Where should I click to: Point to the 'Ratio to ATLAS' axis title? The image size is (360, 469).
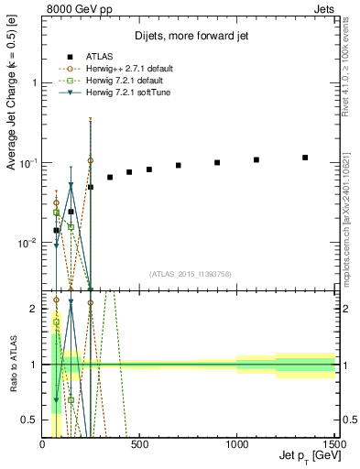coord(13,365)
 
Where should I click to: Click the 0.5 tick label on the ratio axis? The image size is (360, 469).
coord(31,420)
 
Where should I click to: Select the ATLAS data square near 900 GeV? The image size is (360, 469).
coord(217,162)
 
